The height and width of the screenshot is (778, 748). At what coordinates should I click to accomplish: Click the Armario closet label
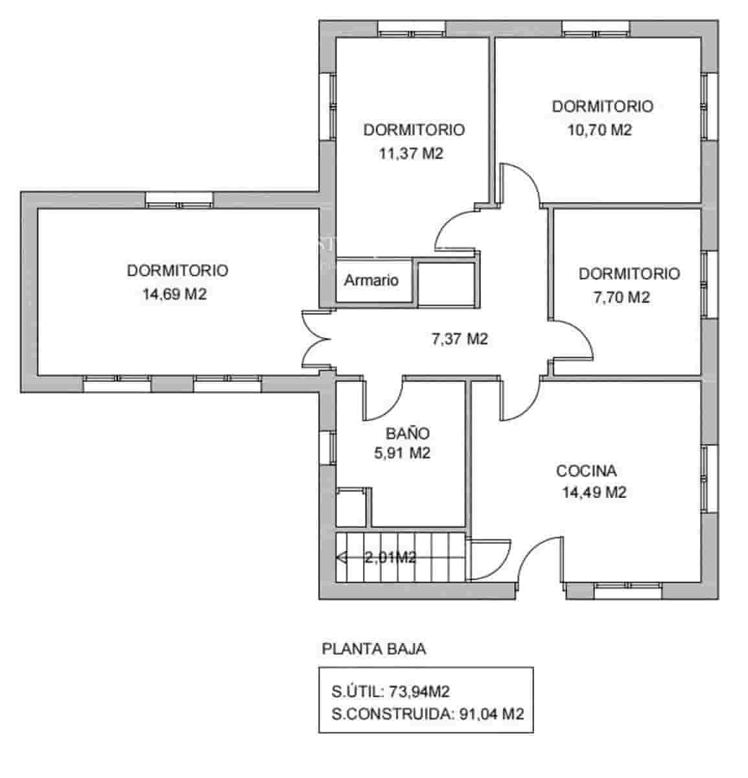(x=371, y=281)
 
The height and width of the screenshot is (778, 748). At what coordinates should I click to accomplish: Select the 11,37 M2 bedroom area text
(x=410, y=154)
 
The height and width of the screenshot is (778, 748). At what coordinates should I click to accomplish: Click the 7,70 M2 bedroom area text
(x=621, y=298)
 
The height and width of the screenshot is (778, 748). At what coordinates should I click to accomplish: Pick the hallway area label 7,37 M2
(x=459, y=338)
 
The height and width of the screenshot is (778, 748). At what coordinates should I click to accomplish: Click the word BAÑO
(x=407, y=433)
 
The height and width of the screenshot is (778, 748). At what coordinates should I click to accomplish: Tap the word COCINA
(x=586, y=471)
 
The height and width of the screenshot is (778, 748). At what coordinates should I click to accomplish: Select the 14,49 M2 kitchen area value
(x=594, y=493)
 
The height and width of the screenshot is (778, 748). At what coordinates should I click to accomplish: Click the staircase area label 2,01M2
(x=390, y=557)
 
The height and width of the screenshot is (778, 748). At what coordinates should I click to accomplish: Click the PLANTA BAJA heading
(x=374, y=649)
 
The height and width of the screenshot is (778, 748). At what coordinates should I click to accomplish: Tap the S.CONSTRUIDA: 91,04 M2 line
(x=427, y=714)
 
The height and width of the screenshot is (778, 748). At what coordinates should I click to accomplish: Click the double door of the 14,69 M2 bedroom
(x=316, y=339)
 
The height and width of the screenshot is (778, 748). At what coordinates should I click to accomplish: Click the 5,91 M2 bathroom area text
(x=402, y=453)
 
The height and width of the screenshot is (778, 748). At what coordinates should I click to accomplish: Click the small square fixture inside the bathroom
(x=351, y=506)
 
